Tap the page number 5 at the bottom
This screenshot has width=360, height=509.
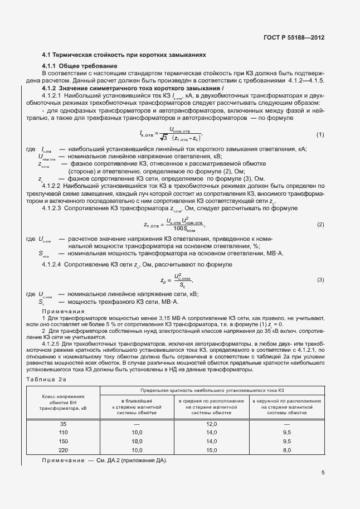323,473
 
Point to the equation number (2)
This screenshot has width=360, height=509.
320,224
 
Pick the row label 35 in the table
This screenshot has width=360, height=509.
63,424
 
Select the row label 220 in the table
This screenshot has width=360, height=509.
63,449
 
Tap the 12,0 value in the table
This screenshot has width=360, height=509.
211,424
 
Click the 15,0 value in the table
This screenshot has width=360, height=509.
211,449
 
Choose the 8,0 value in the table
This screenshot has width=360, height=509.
287,449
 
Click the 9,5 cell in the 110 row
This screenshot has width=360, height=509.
287,433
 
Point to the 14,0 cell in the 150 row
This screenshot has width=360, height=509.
211,441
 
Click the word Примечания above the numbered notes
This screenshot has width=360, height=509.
63,311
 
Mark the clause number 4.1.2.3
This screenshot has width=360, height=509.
55,207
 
